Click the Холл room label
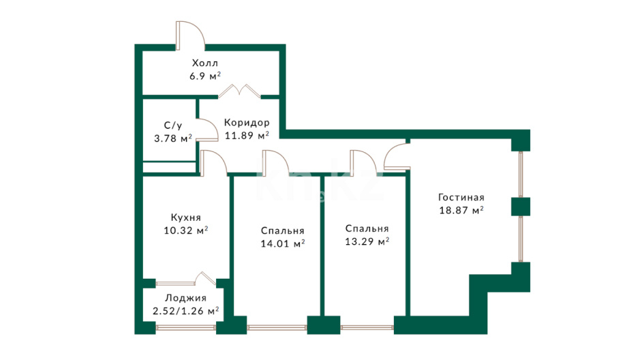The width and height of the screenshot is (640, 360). tap(205, 63)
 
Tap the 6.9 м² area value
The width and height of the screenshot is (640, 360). tap(205, 76)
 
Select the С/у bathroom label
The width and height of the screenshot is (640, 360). tap(173, 125)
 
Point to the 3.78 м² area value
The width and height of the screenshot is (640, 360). tap(173, 138)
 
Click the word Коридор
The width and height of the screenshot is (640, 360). tap(247, 123)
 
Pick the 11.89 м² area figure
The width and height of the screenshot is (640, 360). tap(247, 135)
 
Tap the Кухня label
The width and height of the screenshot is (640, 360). tap(185, 217)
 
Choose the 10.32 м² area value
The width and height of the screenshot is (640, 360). tap(185, 230)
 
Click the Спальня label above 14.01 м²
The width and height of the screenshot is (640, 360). tap(282, 231)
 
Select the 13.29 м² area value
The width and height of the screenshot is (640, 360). tap(367, 241)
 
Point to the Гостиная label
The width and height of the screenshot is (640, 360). tap(461, 198)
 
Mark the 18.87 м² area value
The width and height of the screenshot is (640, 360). tap(461, 211)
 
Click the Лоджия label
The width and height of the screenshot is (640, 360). tap(185, 299)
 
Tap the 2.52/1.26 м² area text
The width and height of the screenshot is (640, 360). tap(185, 312)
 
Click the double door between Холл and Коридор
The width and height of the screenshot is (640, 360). tap(239, 91)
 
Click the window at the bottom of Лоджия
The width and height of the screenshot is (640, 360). tap(185, 327)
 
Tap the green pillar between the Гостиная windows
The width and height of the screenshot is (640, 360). tap(521, 207)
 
